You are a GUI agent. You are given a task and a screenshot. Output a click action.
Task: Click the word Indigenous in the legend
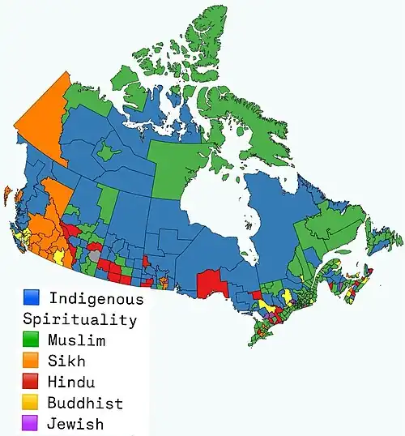[x=96, y=298]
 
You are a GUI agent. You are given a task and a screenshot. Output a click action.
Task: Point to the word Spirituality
[x=79, y=319]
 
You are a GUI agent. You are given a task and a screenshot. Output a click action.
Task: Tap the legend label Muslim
[x=76, y=340]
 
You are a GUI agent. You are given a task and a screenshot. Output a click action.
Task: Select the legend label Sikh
[x=66, y=361]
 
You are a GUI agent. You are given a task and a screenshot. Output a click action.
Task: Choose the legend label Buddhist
[x=85, y=403]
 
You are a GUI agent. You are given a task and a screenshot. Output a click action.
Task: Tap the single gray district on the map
[x=96, y=254]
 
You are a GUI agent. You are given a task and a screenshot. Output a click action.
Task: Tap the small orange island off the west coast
[x=7, y=195]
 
